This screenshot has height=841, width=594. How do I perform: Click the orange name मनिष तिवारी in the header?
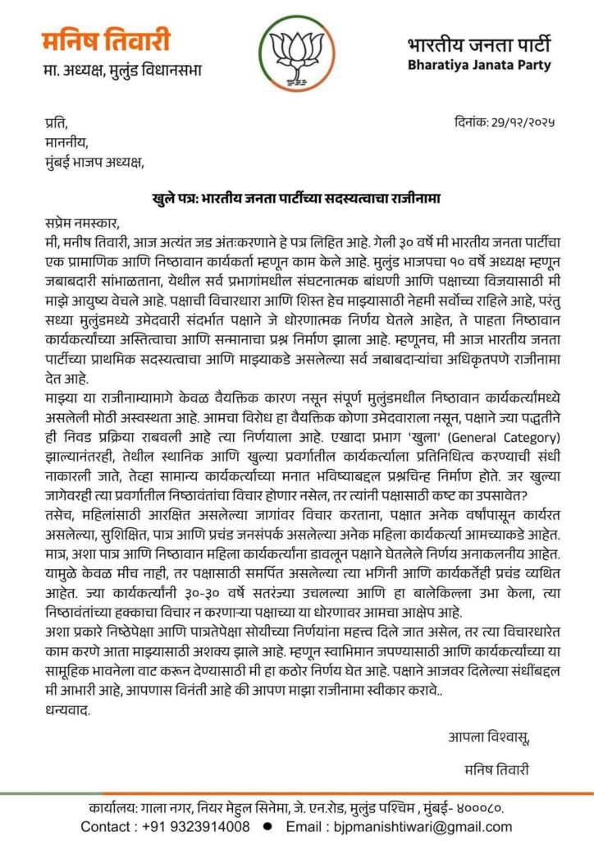pos(107,40)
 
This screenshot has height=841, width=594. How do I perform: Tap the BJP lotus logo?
pos(297,53)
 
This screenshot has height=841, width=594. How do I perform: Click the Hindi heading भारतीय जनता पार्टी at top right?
pos(479,44)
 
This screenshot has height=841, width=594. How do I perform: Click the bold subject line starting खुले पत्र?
pos(296,197)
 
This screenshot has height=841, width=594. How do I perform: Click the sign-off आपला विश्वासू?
pos(489,737)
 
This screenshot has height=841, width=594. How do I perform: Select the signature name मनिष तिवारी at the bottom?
pos(496,770)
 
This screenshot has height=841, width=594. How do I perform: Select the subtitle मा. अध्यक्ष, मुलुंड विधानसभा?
pos(123,71)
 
